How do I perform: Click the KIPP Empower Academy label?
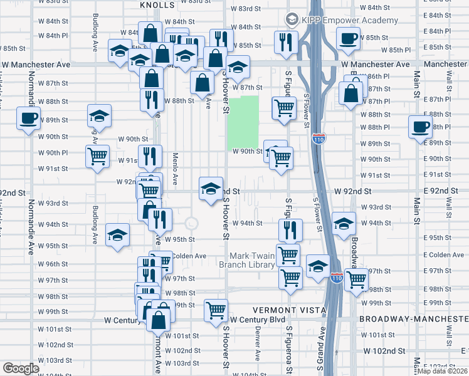click(350, 20)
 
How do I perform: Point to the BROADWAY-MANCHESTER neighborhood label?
click(413, 318)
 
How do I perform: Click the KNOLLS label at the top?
click(157, 4)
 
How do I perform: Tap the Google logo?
click(21, 368)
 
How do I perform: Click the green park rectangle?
click(243, 122)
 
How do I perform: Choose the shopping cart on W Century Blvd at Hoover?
click(216, 310)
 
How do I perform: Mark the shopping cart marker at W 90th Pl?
click(98, 156)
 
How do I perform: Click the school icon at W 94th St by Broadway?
click(344, 224)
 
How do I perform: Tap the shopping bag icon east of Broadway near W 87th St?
click(352, 93)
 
